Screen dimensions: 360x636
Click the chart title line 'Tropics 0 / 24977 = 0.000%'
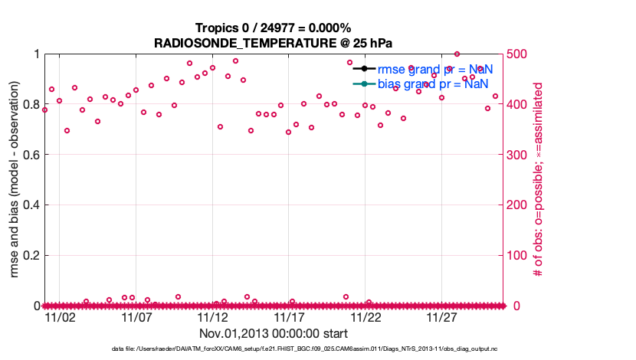274,28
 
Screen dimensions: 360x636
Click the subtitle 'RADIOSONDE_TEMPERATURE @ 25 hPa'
274,43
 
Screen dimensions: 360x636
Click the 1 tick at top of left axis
36,54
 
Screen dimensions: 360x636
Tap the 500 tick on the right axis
519,54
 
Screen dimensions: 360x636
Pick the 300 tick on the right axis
519,155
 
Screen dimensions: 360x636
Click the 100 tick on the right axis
519,255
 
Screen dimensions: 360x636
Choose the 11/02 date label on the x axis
60,317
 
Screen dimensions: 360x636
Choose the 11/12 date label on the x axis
213,317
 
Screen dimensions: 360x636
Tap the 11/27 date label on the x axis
442,317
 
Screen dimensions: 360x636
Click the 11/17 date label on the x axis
290,317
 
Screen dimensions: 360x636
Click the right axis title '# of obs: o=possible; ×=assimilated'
538,180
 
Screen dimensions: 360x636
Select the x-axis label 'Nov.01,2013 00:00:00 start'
274,334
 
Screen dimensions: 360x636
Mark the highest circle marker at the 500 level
457,54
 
